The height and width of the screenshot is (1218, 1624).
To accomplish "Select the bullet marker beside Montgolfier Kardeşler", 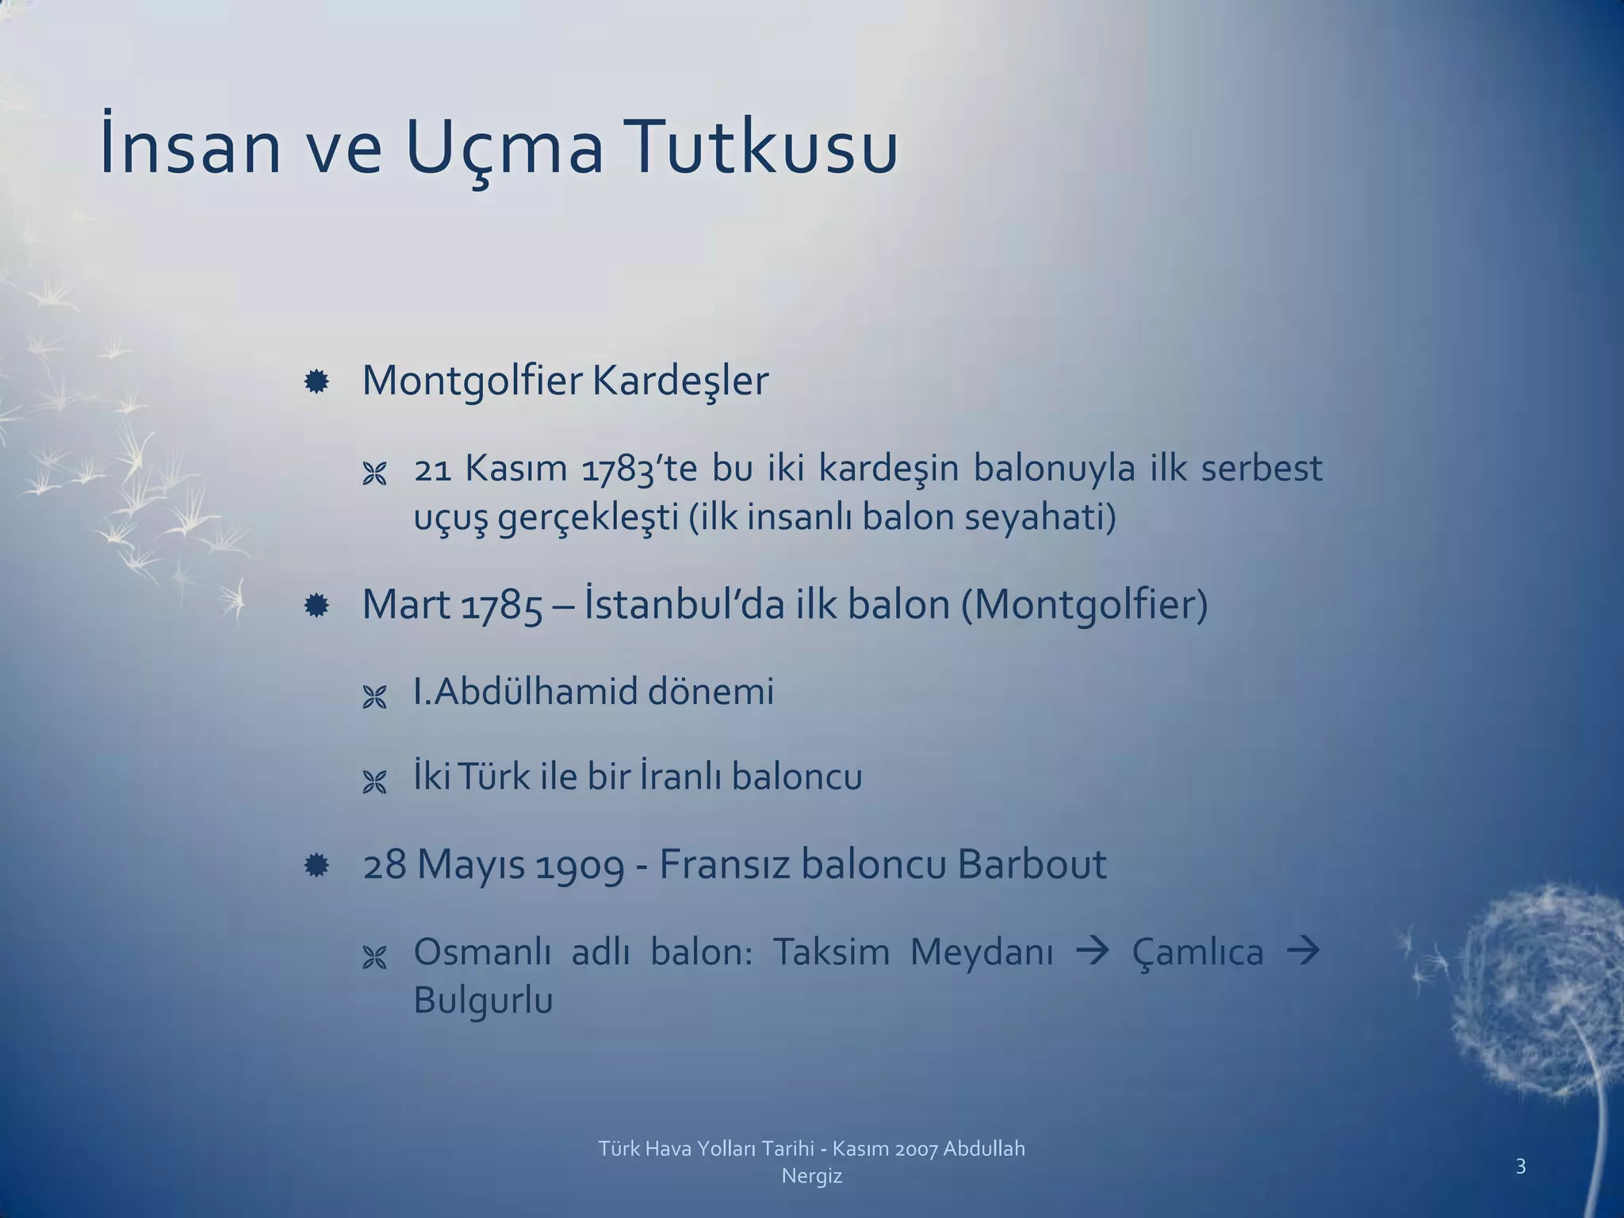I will pyautogui.click(x=316, y=384).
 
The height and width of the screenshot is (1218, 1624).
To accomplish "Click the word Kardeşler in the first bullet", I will pyautogui.click(x=680, y=381).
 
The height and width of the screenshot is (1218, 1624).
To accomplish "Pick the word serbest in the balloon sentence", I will pyautogui.click(x=1261, y=468).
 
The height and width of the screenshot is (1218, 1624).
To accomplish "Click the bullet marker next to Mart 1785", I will pyautogui.click(x=316, y=607).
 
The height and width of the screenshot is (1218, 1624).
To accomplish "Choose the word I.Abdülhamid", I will pyautogui.click(x=526, y=691).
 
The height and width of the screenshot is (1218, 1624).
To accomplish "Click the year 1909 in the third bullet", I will pyautogui.click(x=580, y=865).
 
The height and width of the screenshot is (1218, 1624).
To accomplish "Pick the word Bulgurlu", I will pyautogui.click(x=482, y=1001).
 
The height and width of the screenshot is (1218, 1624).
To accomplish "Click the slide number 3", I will pyautogui.click(x=1520, y=1166).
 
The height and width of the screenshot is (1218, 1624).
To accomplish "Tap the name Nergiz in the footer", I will pyautogui.click(x=811, y=1176).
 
